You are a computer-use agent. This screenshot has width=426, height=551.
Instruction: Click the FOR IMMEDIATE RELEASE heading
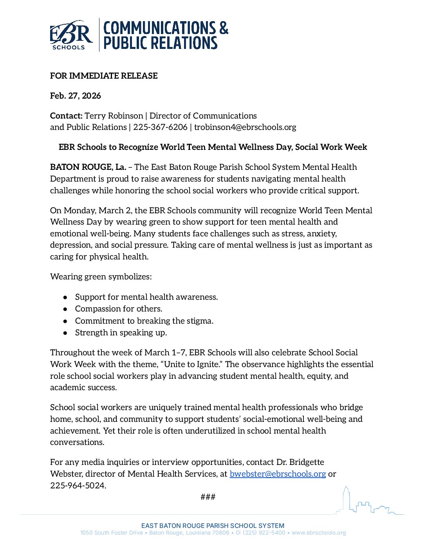tap(104, 76)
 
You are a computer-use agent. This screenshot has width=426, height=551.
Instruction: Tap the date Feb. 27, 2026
tap(76, 96)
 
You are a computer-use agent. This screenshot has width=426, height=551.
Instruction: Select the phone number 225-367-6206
tap(160, 127)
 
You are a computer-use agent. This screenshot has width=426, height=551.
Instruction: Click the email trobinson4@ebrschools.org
tap(245, 127)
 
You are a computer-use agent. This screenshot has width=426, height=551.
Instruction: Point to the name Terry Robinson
tap(114, 116)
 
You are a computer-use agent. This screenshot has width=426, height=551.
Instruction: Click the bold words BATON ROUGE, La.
tap(88, 167)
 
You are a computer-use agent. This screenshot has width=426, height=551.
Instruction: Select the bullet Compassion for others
tap(119, 309)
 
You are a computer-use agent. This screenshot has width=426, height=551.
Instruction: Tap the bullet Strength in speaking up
tap(121, 333)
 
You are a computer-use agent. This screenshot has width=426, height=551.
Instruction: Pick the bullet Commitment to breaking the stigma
tap(144, 321)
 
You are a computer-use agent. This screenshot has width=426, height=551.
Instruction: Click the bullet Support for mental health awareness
tap(146, 297)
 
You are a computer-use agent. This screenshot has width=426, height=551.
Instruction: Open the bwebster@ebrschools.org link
tap(278, 474)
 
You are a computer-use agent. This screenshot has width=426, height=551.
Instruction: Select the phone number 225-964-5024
tap(78, 486)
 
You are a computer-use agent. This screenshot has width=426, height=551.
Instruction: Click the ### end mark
tap(208, 497)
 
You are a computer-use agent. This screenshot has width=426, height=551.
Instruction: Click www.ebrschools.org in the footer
tap(319, 533)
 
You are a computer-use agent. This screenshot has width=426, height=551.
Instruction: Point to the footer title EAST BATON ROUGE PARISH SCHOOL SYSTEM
tap(213, 526)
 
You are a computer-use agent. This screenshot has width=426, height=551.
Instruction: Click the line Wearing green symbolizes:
tap(101, 277)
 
